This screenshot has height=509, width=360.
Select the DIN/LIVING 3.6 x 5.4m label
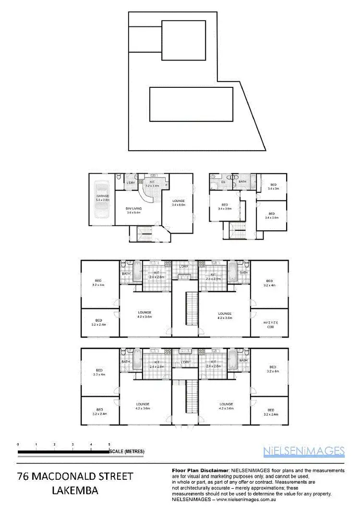click(x=135, y=210)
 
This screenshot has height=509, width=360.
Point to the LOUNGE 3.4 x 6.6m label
click(x=178, y=202)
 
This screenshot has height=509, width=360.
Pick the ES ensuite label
click(x=224, y=182)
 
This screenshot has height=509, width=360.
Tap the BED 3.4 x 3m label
click(x=273, y=187)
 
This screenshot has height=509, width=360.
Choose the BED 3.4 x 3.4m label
click(x=272, y=215)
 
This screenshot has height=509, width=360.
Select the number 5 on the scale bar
click(x=109, y=445)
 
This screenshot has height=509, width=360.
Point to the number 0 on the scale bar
click(x=18, y=445)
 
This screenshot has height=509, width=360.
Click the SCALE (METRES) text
click(x=127, y=451)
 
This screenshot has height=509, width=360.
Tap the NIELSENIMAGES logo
click(x=304, y=450)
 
